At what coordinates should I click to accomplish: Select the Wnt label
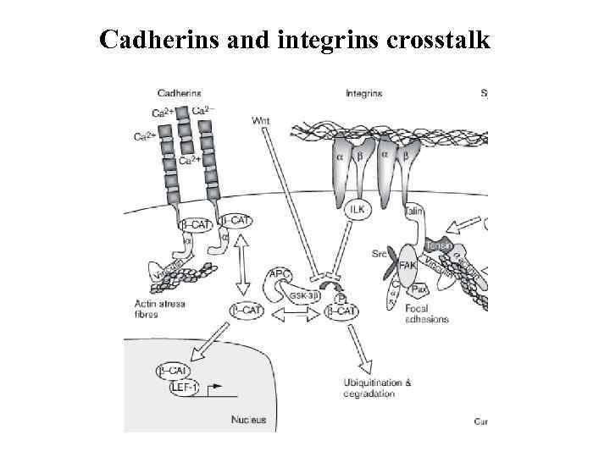pos(262,119)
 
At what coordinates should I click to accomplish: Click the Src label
pos(379,251)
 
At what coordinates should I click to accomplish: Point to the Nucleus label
pos(248,419)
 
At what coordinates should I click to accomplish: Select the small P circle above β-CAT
pos(341,298)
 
